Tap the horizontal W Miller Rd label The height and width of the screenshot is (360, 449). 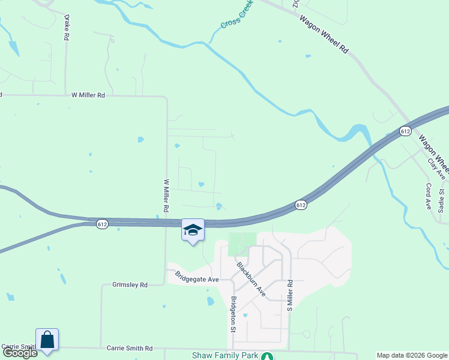[88, 95]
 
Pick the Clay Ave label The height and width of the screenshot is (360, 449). [436, 169]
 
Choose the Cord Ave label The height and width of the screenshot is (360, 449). [429, 196]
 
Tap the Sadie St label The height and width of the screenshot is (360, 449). [442, 200]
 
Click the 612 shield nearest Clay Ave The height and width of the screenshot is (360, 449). [405, 131]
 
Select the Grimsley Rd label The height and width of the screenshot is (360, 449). [130, 285]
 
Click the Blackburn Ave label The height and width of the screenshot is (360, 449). [250, 280]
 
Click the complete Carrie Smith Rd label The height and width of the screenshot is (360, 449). [130, 348]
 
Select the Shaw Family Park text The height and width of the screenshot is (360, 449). [224, 355]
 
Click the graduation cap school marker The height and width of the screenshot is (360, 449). [193, 230]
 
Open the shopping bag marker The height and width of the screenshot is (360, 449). [47, 340]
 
